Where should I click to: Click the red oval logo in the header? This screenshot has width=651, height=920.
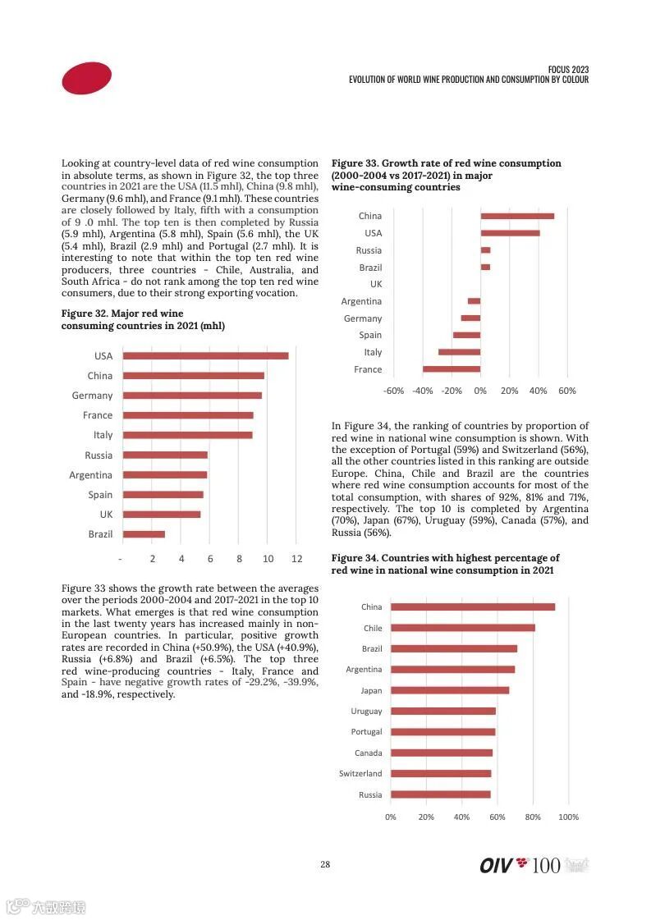click(86, 78)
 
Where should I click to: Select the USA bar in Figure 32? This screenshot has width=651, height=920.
click(205, 355)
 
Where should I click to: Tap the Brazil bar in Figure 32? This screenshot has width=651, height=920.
click(144, 534)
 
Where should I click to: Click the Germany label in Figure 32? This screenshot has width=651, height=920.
click(92, 396)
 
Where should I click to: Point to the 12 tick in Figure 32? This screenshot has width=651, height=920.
click(296, 559)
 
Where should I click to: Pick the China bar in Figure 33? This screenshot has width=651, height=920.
click(517, 216)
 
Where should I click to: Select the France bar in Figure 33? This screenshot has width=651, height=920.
click(452, 369)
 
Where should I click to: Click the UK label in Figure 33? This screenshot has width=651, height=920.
click(375, 284)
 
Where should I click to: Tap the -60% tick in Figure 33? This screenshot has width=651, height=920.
click(394, 391)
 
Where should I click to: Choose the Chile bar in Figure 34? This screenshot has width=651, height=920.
click(462, 628)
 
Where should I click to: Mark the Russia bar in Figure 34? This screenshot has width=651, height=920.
click(440, 794)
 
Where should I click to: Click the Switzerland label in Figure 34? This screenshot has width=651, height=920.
click(360, 774)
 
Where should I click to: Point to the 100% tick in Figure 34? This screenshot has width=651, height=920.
click(568, 817)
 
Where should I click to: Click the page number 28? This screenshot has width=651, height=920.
click(325, 864)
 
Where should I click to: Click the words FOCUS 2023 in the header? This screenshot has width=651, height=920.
click(568, 70)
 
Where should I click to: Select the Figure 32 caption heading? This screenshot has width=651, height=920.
click(143, 319)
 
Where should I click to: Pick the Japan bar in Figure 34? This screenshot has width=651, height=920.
click(450, 690)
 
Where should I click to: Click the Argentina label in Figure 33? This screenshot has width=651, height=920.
click(361, 301)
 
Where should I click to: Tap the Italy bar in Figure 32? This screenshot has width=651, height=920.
click(187, 435)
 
